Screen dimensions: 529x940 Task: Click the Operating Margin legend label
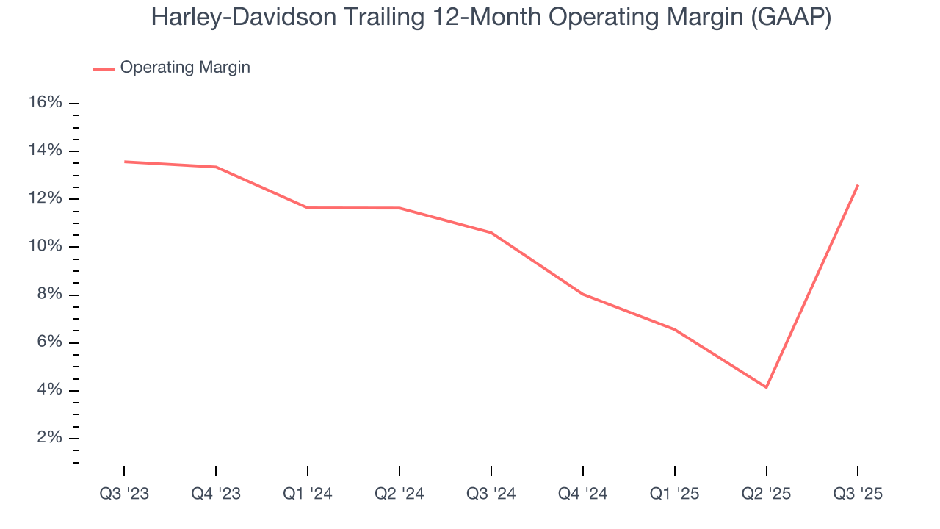(x=185, y=68)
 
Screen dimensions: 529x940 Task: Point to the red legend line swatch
(x=104, y=68)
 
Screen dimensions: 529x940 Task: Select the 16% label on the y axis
(x=45, y=103)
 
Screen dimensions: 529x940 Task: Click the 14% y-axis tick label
(x=45, y=151)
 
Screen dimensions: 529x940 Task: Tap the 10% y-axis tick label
(x=45, y=246)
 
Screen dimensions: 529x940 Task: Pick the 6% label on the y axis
(x=48, y=342)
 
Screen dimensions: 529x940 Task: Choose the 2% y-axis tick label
(x=48, y=438)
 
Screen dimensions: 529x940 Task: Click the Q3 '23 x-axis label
(x=124, y=494)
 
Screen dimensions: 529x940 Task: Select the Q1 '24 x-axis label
(x=308, y=494)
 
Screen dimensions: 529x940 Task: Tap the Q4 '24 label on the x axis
(x=583, y=494)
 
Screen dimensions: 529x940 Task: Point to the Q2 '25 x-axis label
(x=767, y=494)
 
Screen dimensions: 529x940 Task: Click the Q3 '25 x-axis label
(x=858, y=494)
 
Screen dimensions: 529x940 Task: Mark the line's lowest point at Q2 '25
(x=767, y=387)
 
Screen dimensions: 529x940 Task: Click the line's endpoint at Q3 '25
(x=858, y=185)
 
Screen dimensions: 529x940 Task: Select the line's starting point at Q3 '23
(x=125, y=162)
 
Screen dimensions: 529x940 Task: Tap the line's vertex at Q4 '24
(x=583, y=294)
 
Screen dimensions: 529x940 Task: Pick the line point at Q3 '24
(x=491, y=233)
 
